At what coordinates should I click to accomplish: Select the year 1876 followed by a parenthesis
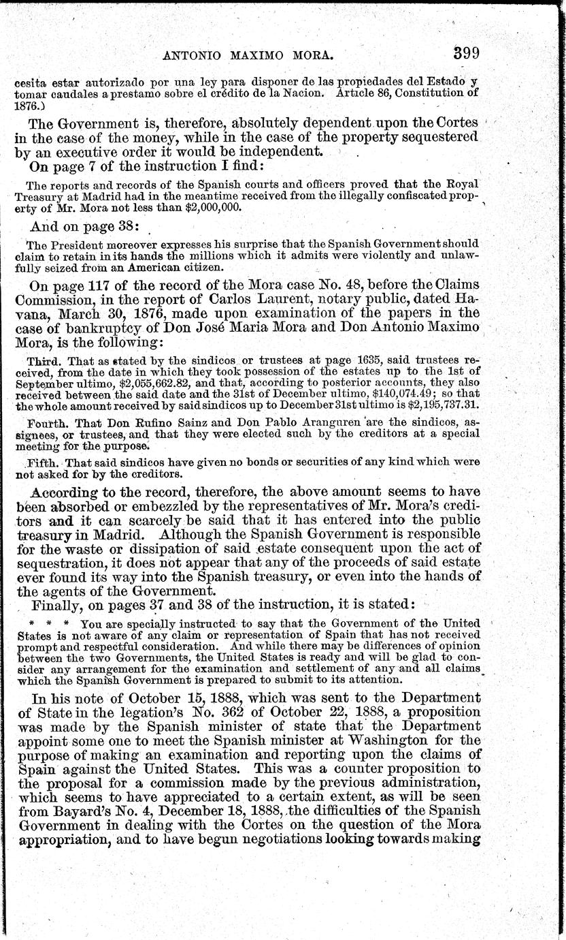click(26, 107)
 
